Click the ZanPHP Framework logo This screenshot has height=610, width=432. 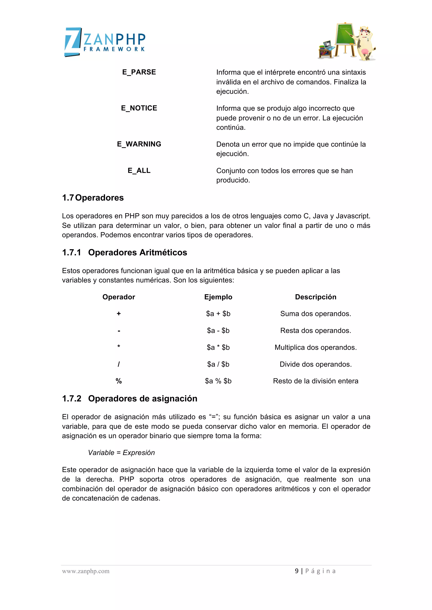(105, 42)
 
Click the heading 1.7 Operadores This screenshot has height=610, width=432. (93, 198)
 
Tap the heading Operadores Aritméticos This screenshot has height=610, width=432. (137, 252)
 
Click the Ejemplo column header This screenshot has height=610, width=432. (218, 297)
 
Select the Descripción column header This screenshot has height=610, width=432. (316, 297)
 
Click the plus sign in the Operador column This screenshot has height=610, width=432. (119, 314)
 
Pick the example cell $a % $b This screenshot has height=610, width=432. (218, 381)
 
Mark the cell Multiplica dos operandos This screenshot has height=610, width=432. (316, 348)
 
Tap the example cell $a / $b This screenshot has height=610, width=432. (218, 364)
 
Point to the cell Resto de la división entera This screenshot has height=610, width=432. (316, 381)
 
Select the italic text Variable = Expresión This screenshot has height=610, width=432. (121, 452)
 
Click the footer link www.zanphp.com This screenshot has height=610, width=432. (86, 571)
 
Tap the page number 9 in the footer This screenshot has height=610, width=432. (297, 571)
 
